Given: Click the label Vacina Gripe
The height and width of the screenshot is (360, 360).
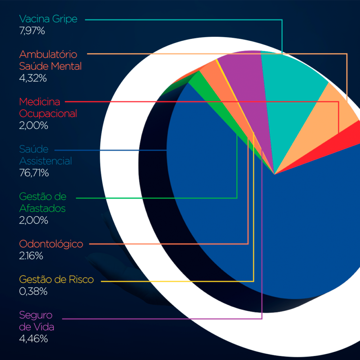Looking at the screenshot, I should point(48,19).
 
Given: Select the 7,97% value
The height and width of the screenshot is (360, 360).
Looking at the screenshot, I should point(32,31).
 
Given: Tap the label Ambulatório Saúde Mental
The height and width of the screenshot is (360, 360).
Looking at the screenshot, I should point(50,60).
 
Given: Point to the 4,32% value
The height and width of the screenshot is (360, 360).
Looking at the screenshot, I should point(33,78).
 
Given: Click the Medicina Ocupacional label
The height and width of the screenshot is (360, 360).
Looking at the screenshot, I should point(48,108).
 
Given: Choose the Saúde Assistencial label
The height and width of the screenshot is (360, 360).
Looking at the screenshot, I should point(45,155).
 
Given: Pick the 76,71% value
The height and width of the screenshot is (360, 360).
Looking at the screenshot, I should point(34,173).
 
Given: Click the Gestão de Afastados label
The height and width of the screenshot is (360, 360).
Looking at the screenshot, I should point(43,202).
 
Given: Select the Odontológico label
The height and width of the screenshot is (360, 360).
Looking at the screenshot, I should point(51,244).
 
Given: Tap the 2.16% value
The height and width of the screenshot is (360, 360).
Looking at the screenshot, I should point(31,256).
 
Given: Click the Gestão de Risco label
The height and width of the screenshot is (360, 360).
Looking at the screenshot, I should point(56,279).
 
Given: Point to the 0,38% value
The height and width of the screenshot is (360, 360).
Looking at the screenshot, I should point(33,291).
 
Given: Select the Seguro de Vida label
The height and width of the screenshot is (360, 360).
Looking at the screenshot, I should point(37,321).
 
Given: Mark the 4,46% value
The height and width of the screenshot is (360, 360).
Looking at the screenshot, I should point(33,339).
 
